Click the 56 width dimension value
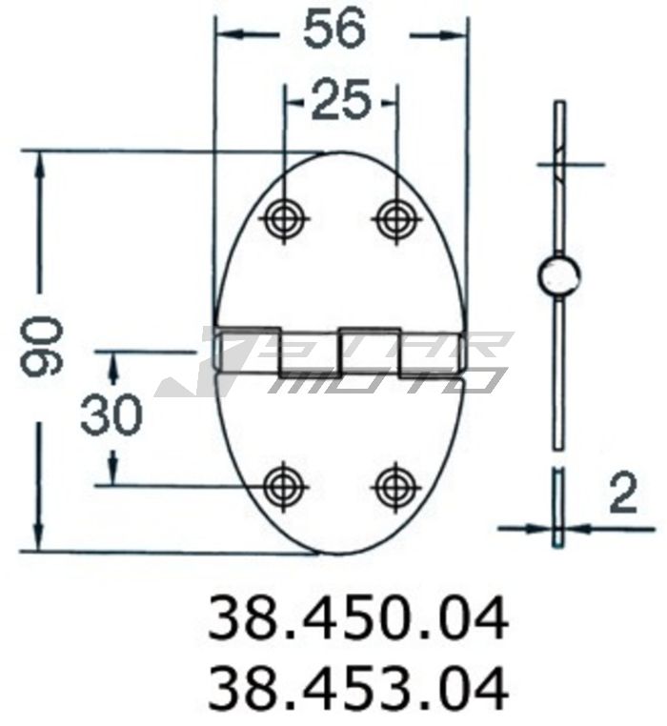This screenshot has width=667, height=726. point(334,30)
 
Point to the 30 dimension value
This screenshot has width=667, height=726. point(111,415)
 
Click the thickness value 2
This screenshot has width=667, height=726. point(621,494)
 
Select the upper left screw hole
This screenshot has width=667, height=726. point(284,219)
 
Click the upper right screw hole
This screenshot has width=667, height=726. point(394,219)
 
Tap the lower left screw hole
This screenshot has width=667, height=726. point(284,486)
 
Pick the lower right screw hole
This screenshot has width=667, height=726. point(394,486)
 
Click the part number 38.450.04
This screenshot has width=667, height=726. point(358,619)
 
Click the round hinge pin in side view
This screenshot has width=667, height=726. point(557,275)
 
